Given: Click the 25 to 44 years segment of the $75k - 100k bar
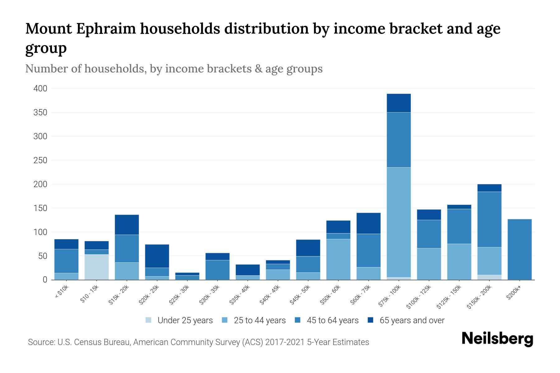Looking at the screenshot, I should (399, 222).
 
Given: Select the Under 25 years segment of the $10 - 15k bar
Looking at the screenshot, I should (96, 267).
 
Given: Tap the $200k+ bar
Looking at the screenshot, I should (519, 249).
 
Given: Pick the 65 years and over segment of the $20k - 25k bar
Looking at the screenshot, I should (157, 256).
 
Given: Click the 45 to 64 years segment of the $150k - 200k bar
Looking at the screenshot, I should (489, 219).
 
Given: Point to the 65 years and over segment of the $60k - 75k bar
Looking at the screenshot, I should (368, 223).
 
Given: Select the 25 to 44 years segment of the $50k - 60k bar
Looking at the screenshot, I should (338, 259).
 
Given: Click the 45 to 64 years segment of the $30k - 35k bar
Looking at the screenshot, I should (217, 270).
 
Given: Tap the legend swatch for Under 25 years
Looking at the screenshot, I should (149, 320).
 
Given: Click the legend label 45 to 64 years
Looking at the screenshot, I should (332, 320).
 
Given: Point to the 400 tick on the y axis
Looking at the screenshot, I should (40, 89).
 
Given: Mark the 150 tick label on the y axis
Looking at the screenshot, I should (40, 208).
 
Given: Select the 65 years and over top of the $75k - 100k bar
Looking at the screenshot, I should (399, 103).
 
